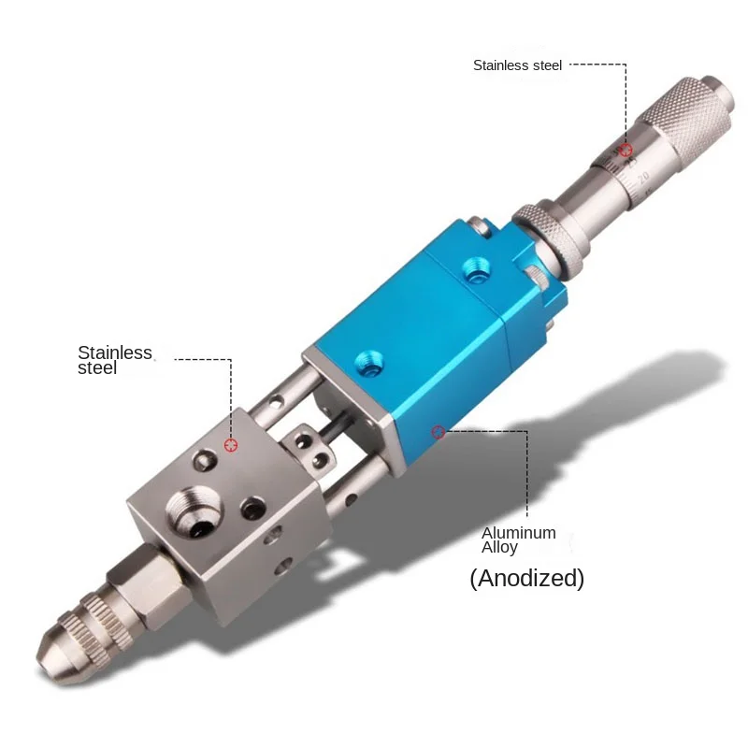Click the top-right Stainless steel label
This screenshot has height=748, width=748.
pyautogui.click(x=517, y=65)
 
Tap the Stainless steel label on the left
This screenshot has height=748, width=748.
pyautogui.click(x=114, y=360)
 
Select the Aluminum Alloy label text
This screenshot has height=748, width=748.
pyautogui.click(x=519, y=539)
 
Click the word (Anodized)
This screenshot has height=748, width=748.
pyautogui.click(x=526, y=579)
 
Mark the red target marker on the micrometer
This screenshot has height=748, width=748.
pyautogui.click(x=626, y=150)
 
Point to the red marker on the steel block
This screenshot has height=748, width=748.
pyautogui.click(x=231, y=444)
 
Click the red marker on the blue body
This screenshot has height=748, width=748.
pyautogui.click(x=437, y=431)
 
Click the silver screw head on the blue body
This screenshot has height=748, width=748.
pyautogui.click(x=479, y=224)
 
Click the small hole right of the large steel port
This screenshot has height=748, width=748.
pyautogui.click(x=251, y=509)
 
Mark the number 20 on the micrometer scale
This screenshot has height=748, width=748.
pyautogui.click(x=642, y=175)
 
